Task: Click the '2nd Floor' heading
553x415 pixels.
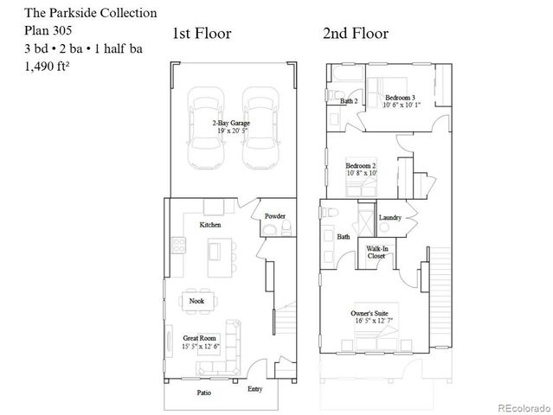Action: [355, 34]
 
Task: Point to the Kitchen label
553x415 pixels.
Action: [210, 225]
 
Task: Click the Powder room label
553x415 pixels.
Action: [275, 215]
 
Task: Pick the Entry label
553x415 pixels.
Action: [254, 390]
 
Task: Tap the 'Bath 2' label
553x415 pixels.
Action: [349, 101]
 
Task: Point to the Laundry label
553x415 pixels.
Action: [390, 217]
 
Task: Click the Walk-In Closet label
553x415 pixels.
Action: [376, 252]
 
